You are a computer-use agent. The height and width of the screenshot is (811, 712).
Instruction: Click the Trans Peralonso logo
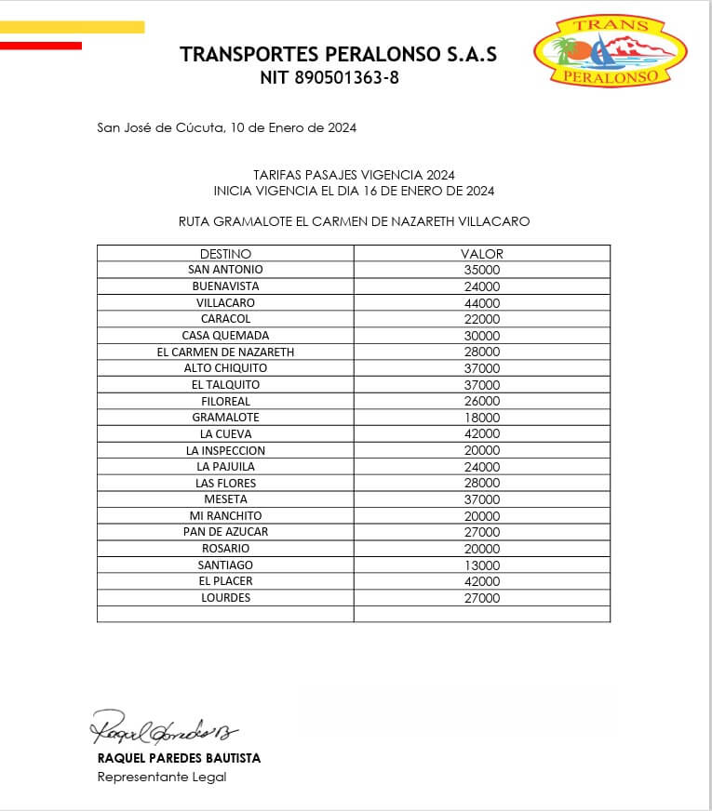[611, 53]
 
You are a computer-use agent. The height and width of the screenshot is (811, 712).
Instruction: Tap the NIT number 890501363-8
[329, 78]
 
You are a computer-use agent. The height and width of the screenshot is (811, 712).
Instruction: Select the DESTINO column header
[225, 254]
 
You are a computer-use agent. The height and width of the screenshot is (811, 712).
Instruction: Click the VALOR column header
[482, 254]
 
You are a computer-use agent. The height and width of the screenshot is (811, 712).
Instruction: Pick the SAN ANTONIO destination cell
[225, 270]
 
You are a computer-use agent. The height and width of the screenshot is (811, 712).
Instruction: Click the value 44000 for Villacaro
[482, 303]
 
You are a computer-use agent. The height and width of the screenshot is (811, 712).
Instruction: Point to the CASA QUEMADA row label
[225, 336]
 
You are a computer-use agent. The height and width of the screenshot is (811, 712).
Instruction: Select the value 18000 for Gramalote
[482, 418]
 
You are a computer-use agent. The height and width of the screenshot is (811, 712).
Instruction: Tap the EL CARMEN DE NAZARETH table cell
[225, 352]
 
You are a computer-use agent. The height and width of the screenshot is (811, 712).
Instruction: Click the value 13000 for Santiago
[482, 565]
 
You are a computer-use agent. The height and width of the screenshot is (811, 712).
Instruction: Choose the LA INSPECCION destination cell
[225, 450]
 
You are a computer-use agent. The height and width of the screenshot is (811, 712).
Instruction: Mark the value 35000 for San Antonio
[482, 270]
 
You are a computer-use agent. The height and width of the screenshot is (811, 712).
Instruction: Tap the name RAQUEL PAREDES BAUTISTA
[179, 758]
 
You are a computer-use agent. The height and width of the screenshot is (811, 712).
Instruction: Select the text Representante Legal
[162, 777]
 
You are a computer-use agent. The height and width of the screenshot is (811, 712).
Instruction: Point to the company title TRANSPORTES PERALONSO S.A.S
[338, 54]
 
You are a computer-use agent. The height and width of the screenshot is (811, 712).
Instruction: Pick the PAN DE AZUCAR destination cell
[225, 532]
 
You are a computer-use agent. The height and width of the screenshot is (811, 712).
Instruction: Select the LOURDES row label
[225, 598]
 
